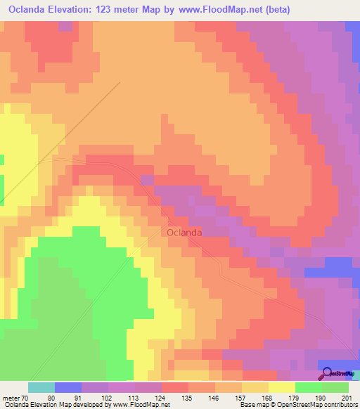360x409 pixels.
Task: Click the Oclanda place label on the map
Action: (x=185, y=232)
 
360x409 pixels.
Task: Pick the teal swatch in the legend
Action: (x=41, y=387)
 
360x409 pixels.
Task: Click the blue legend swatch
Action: (x=68, y=387)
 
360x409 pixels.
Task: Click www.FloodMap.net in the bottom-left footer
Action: (x=138, y=404)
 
